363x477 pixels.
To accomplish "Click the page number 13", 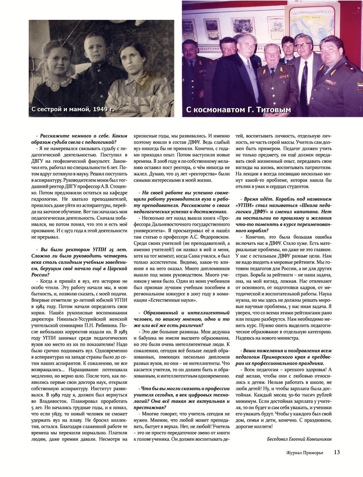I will pos(337,452).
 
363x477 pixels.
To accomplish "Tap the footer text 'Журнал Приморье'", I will pos(304,452).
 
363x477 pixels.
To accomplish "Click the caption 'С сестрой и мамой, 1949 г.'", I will pos(73,109).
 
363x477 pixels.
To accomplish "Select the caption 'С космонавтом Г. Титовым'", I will pos(238,110).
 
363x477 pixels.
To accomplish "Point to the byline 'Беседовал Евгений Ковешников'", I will pos(299,439).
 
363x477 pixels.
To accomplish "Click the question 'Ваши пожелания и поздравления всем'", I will pos(284,357).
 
